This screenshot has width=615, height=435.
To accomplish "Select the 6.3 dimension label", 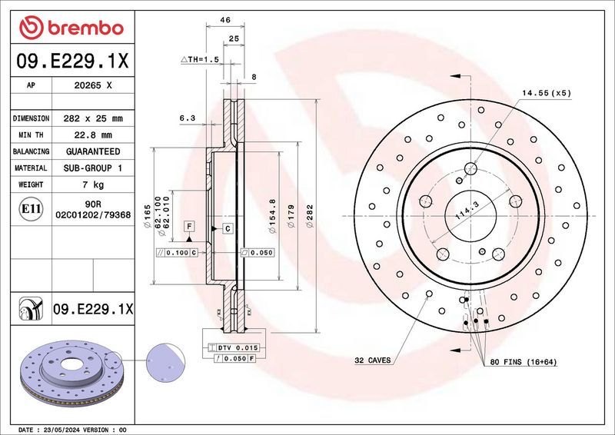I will [x=187, y=118].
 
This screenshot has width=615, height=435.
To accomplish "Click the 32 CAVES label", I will [x=373, y=360].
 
